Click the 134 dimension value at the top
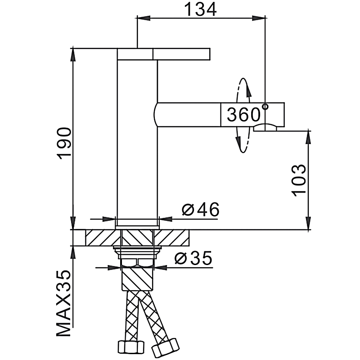click(200, 9)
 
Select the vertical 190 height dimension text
click(64, 143)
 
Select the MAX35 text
click(64, 304)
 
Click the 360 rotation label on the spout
click(243, 115)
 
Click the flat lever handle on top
click(164, 54)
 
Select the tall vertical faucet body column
click(137, 139)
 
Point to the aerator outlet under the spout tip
click(266, 128)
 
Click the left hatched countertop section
click(100, 238)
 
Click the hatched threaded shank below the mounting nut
click(137, 279)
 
